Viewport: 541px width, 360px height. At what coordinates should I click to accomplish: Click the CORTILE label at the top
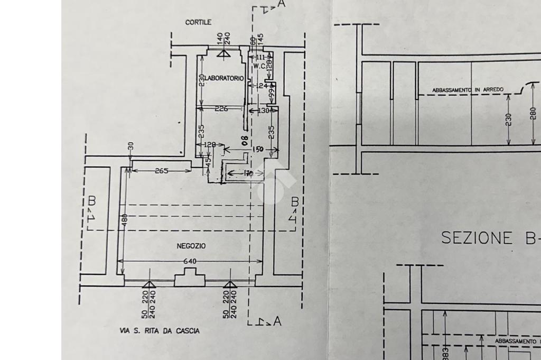198,22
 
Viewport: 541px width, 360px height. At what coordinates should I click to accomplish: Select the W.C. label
259,66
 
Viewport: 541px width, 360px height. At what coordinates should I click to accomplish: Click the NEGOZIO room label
191,246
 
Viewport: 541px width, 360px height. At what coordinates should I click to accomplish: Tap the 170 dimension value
248,173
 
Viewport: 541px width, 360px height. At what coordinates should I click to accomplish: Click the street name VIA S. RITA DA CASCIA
160,331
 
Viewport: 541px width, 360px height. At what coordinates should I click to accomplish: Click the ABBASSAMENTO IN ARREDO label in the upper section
468,90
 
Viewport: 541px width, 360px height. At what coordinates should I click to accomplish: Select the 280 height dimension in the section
533,114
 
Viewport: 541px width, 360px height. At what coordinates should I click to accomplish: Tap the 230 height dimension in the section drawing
509,119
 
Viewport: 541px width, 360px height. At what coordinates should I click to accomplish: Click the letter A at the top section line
282,4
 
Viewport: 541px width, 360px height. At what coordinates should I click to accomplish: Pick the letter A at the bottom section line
277,321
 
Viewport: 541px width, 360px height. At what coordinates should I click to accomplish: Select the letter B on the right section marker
295,201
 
